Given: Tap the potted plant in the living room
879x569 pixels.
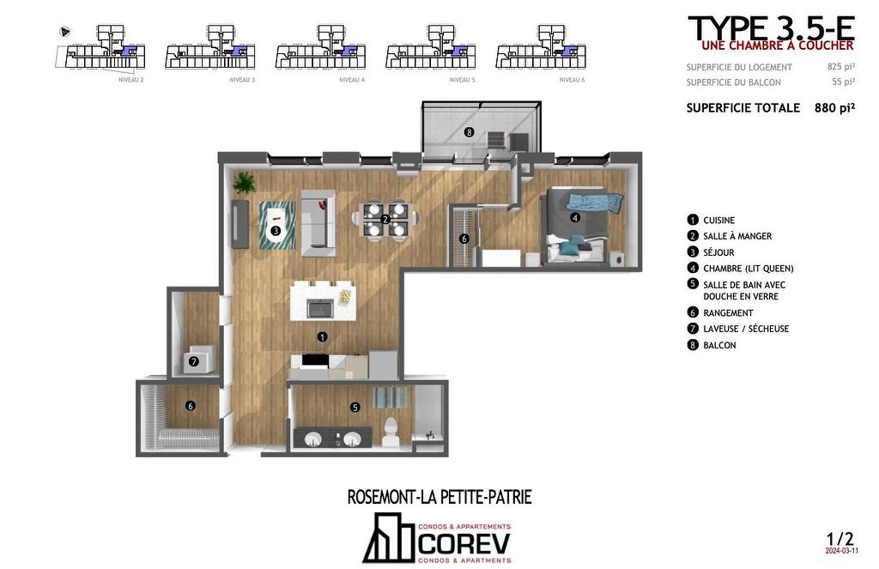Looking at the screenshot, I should [x=245, y=182].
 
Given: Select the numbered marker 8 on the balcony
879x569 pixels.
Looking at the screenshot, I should [x=469, y=132].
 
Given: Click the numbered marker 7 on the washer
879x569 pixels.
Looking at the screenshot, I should [x=194, y=361].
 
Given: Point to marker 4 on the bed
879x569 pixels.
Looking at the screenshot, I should [x=575, y=218].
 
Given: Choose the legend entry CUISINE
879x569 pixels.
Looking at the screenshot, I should [x=718, y=221].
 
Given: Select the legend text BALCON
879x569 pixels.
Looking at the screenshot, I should [x=719, y=345].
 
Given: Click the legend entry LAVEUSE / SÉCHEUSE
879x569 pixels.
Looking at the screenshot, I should [x=745, y=329].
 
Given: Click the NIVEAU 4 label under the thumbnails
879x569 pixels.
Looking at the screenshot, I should [x=352, y=80].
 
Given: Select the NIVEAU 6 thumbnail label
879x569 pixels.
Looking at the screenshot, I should [x=572, y=80].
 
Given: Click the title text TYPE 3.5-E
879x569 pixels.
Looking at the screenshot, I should [x=770, y=27].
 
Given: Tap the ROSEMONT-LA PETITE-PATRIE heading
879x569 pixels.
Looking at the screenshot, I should [x=439, y=497].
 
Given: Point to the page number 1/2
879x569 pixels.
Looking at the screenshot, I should [x=840, y=539].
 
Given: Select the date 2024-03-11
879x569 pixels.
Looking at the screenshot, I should [x=841, y=552].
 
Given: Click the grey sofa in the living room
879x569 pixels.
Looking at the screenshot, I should [x=316, y=219].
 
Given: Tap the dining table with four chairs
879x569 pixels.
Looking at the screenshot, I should [x=385, y=219].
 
